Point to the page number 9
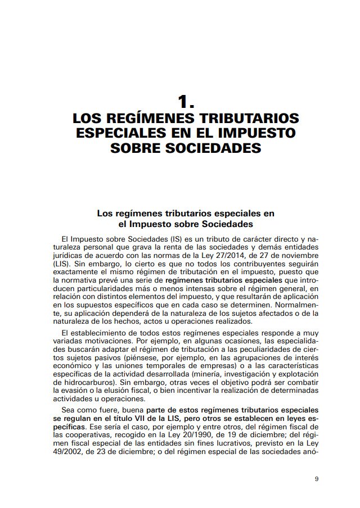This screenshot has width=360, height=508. (x=317, y=479)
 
